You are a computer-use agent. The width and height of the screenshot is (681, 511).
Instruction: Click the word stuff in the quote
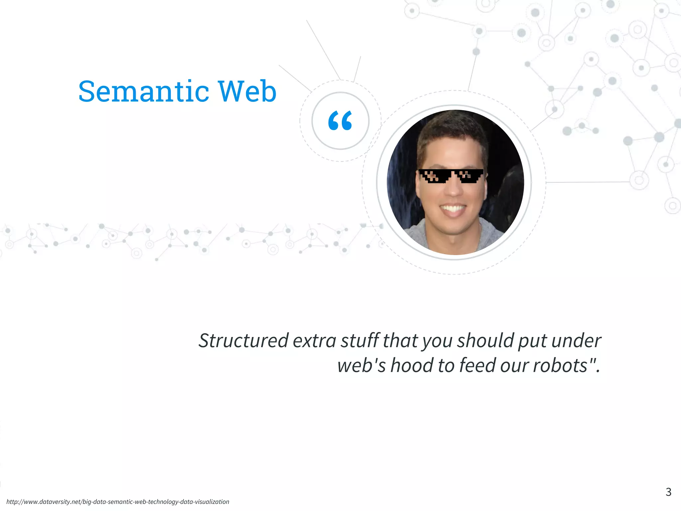click(x=360, y=341)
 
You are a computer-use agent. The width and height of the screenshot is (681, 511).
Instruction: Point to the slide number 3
click(x=668, y=492)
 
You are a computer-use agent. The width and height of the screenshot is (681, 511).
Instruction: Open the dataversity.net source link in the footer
click(x=118, y=502)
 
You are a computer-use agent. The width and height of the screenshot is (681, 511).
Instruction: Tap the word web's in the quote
click(x=361, y=365)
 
